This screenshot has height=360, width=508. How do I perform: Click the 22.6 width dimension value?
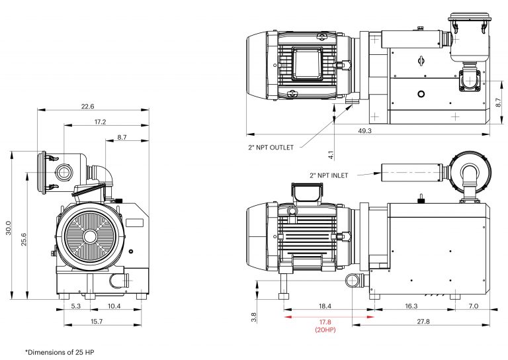click(87, 105)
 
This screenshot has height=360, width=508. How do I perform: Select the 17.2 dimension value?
click(100, 122)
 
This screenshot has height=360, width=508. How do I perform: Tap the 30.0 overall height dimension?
click(9, 228)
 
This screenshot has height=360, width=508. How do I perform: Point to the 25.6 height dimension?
click(24, 239)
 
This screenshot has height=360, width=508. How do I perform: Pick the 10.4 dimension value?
click(114, 306)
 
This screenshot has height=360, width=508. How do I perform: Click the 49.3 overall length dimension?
click(364, 131)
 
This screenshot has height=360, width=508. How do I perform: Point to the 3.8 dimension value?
click(253, 317)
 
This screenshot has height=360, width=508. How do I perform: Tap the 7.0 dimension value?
click(473, 306)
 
